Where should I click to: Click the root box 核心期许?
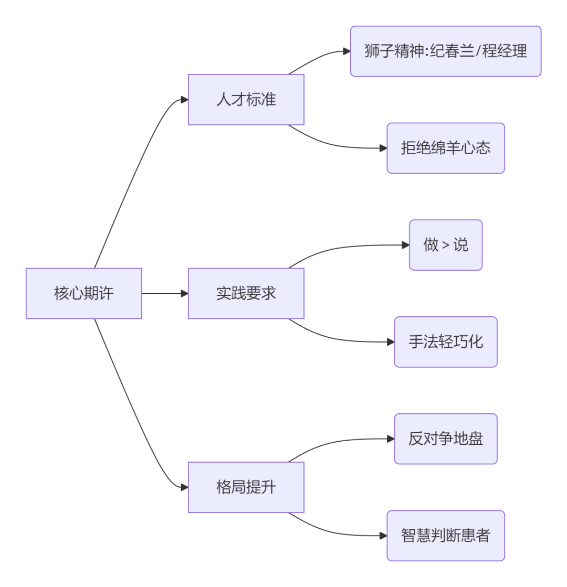(83, 293)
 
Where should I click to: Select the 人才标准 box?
(246, 100)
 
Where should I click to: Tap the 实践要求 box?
(246, 293)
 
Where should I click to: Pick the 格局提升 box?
(246, 487)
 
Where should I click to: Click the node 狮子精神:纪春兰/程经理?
(445, 51)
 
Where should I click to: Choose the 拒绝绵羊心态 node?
(445, 148)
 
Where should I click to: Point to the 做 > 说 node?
(445, 245)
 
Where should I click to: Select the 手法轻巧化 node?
(445, 341)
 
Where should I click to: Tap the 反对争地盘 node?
(445, 439)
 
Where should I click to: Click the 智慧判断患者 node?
(445, 536)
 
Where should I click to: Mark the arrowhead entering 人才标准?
(184, 100)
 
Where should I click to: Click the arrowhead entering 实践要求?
(184, 293)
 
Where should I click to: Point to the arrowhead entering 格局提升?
(184, 487)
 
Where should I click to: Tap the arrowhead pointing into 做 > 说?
(405, 245)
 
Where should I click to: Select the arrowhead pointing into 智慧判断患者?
(383, 536)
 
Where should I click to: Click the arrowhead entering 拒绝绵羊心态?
(383, 148)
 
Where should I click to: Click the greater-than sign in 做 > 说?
(445, 246)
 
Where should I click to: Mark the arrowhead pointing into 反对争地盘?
(391, 439)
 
